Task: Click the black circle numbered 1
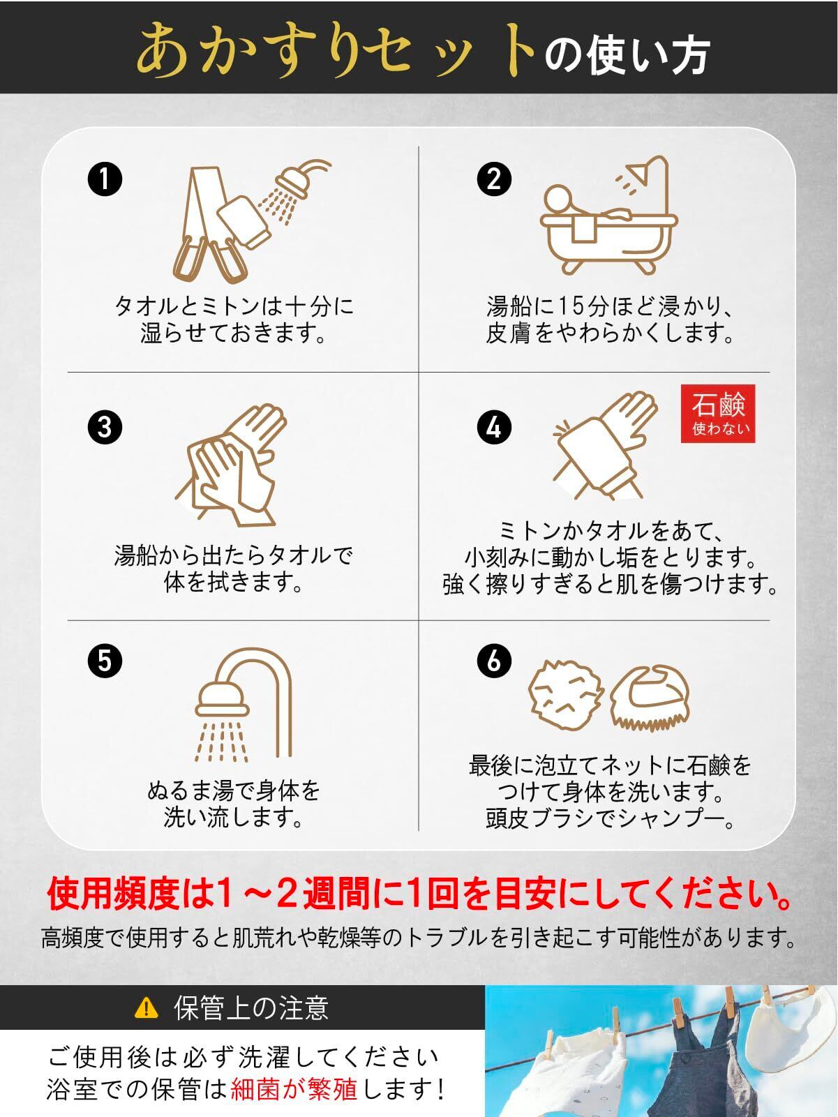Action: [x=105, y=179]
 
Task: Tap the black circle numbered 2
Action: [x=494, y=179]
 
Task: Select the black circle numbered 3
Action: [x=105, y=427]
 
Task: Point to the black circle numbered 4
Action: [x=494, y=427]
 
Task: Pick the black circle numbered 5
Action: [x=105, y=661]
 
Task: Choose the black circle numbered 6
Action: [x=494, y=661]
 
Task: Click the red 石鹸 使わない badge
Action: [x=718, y=413]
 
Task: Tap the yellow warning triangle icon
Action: [x=146, y=1007]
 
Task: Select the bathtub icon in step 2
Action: [x=609, y=216]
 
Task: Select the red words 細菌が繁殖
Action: [x=294, y=1089]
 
